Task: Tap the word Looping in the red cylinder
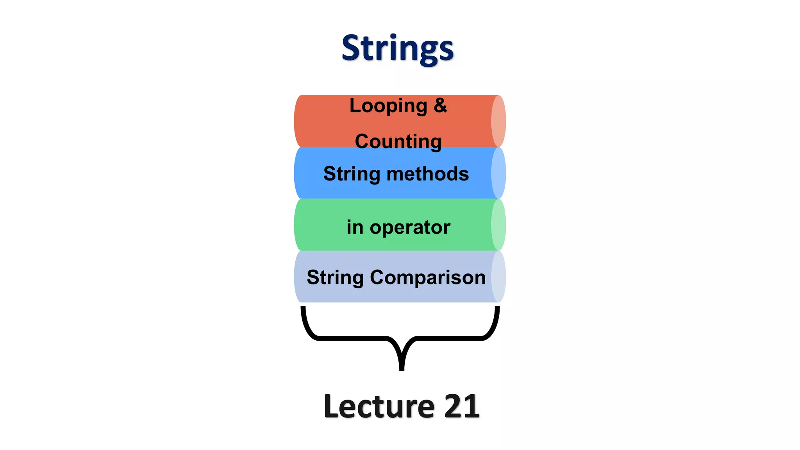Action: [x=388, y=106]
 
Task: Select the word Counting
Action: [x=398, y=141]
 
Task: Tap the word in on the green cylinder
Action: [x=355, y=227]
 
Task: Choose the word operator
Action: [x=410, y=227]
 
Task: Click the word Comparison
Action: [x=428, y=277]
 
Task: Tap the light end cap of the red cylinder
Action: [x=498, y=121]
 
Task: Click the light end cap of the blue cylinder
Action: [x=498, y=173]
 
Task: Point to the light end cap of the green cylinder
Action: [x=498, y=225]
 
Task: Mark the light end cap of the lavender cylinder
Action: [x=498, y=277]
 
